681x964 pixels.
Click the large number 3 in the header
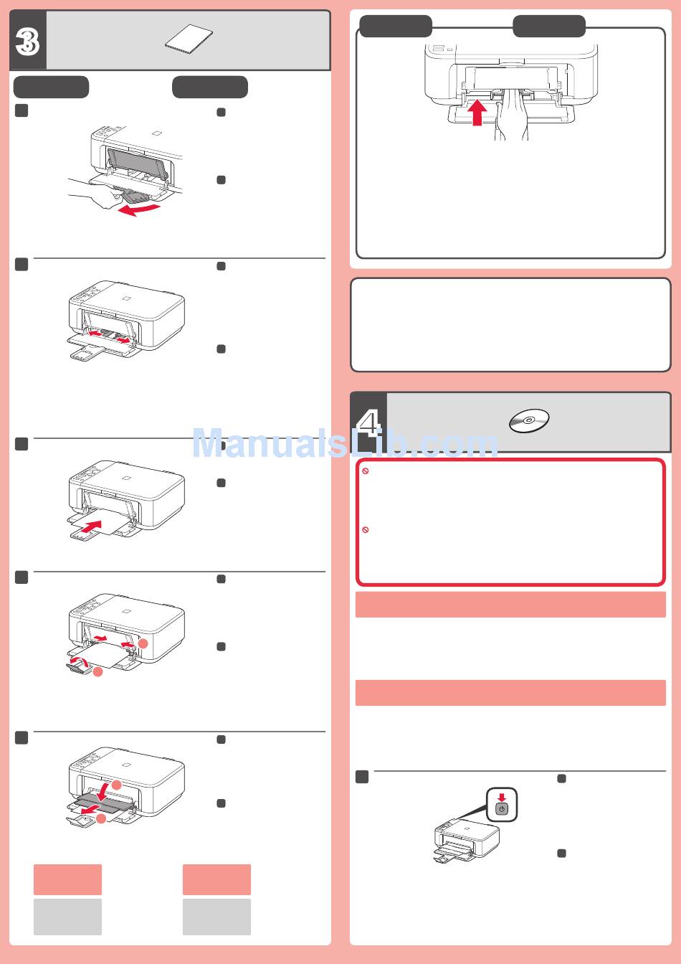[x=27, y=42]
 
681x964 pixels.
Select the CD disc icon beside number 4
[x=529, y=420]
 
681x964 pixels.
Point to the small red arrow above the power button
[x=502, y=798]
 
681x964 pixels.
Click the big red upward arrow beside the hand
[x=477, y=113]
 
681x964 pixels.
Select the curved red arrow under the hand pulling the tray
[x=139, y=210]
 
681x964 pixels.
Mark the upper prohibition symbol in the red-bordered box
[x=366, y=471]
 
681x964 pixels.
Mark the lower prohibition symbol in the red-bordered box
[x=366, y=530]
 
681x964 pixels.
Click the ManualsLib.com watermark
[x=345, y=443]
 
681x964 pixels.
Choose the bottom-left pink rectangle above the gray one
[x=67, y=879]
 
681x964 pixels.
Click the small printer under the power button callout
[x=467, y=841]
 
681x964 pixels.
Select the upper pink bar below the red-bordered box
[x=510, y=605]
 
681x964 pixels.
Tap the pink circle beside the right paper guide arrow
[x=143, y=644]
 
